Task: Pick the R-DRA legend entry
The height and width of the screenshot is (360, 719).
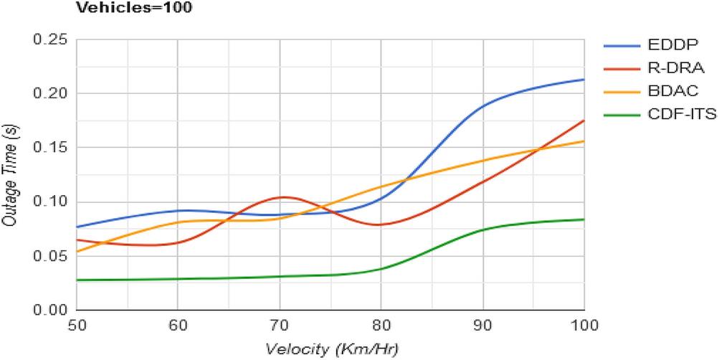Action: pyautogui.click(x=654, y=69)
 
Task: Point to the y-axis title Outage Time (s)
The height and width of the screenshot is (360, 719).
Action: pyautogui.click(x=10, y=175)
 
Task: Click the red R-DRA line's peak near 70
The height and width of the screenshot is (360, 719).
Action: pyautogui.click(x=284, y=196)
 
